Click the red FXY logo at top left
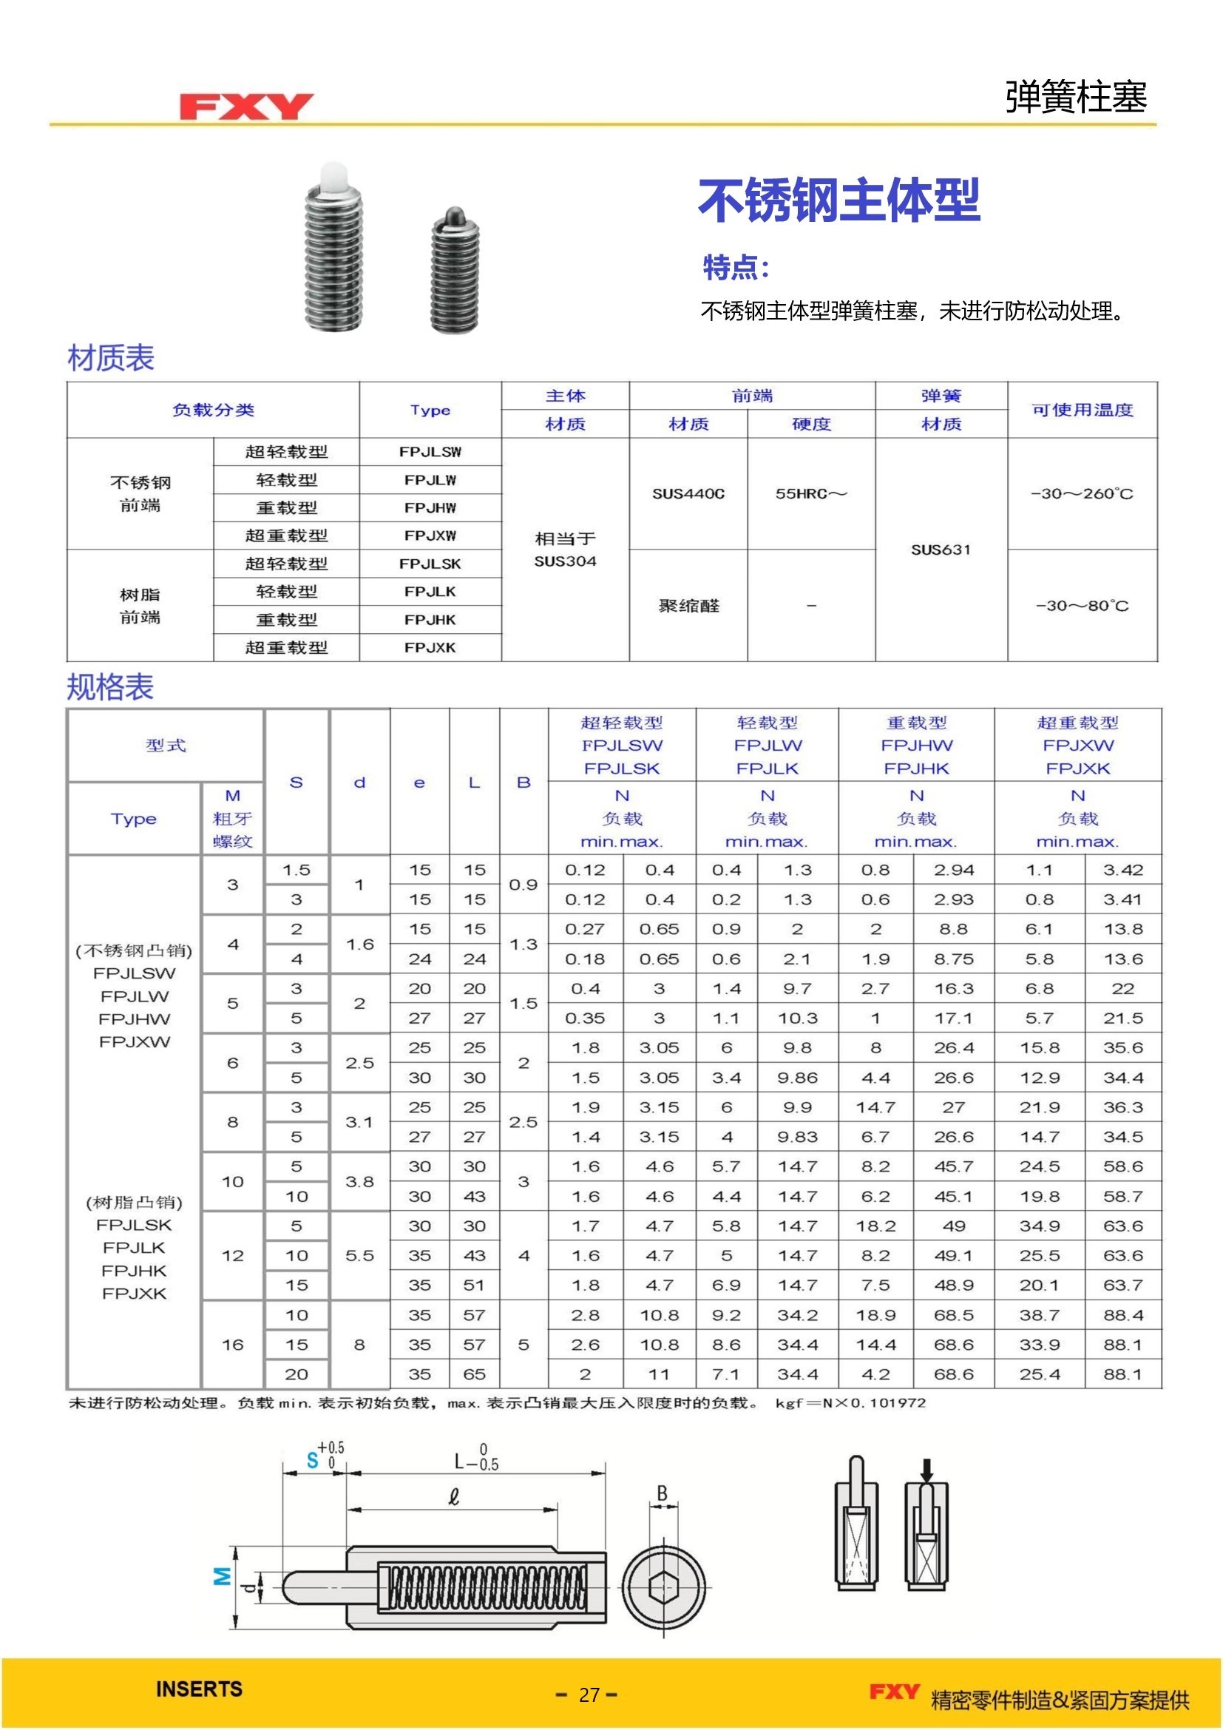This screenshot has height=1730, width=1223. (x=246, y=107)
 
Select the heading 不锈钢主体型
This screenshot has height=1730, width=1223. (x=839, y=200)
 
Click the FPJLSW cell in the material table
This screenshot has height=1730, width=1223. (x=430, y=452)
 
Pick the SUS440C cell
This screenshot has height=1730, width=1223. (x=688, y=493)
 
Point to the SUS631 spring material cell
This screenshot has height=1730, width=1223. (x=941, y=550)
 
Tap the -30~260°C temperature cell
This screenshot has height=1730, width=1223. (x=1082, y=493)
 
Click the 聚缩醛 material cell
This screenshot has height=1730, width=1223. (x=688, y=606)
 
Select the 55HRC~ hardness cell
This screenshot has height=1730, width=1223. (x=811, y=493)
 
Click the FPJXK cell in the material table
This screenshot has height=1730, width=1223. (x=430, y=647)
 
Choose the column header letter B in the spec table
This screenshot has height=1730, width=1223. (x=524, y=782)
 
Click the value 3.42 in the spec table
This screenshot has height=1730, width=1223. (x=1123, y=870)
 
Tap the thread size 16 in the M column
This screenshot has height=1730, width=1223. (x=233, y=1344)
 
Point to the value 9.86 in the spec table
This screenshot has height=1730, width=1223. (x=797, y=1078)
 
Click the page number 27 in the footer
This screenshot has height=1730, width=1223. (x=589, y=1694)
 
